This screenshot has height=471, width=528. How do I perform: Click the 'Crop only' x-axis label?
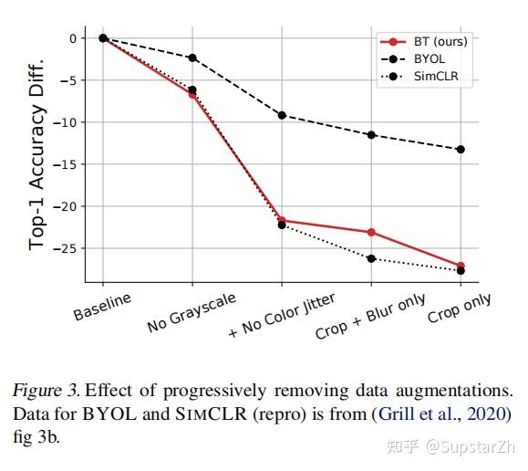(459, 309)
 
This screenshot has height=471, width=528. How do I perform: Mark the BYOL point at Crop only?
(461, 149)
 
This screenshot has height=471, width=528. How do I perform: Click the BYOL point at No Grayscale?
(192, 58)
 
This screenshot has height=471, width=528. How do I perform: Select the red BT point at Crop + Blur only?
(371, 232)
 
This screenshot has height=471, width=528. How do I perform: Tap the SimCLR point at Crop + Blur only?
(371, 258)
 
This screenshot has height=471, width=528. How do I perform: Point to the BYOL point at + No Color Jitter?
(282, 115)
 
